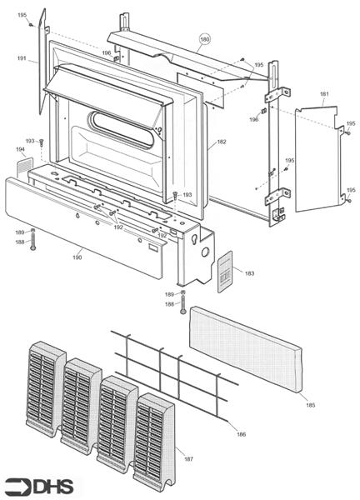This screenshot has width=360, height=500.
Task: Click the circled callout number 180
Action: (x=205, y=39)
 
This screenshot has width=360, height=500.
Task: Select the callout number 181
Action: (x=323, y=94)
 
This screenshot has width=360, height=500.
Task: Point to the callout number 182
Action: (x=221, y=142)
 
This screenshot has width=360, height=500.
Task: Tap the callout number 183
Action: (x=249, y=272)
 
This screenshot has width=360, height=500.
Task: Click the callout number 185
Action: (x=310, y=405)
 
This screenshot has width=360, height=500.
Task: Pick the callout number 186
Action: (x=242, y=434)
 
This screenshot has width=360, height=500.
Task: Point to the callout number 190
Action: (x=77, y=257)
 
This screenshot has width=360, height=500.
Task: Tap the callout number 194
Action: (x=20, y=149)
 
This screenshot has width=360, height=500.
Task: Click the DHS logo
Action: (x=38, y=485)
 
